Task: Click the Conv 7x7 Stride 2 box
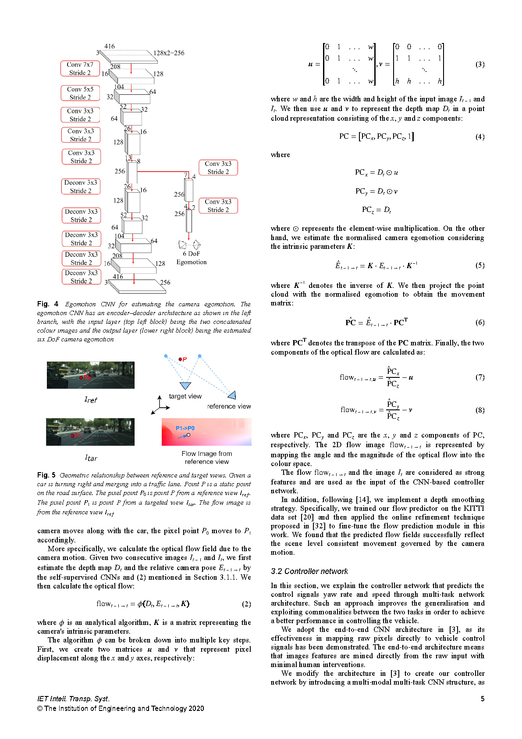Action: click(80, 68)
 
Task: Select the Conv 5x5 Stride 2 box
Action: click(80, 93)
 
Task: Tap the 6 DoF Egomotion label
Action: click(192, 258)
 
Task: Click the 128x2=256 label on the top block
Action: click(169, 53)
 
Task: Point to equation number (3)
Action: click(480, 65)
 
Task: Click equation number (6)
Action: click(480, 323)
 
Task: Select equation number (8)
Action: click(480, 410)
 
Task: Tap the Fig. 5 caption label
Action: click(46, 475)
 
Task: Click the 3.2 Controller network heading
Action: click(309, 571)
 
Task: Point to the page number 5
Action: click(483, 699)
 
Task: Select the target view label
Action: click(185, 396)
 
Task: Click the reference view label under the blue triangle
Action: click(229, 406)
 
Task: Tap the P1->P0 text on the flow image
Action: click(185, 428)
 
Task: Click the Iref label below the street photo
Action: click(90, 400)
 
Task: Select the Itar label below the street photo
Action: click(91, 458)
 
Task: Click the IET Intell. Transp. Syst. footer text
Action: click(73, 699)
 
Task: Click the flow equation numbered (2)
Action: click(143, 604)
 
